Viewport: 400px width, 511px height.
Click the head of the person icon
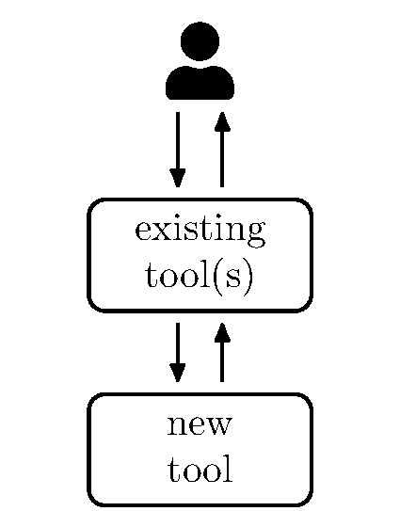point(200,40)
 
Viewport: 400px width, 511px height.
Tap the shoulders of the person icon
point(200,84)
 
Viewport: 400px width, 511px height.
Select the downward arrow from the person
point(177,150)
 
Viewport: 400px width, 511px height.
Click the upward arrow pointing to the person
point(222,150)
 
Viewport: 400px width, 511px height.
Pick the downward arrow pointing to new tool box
point(177,352)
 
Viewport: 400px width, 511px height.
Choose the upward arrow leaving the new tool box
point(222,352)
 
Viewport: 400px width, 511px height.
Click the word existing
point(200,232)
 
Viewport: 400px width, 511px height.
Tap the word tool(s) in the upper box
point(200,278)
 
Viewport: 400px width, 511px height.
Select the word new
point(200,425)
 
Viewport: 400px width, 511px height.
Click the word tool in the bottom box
point(200,470)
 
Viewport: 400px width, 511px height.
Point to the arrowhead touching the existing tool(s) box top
point(177,179)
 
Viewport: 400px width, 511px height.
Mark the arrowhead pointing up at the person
point(222,121)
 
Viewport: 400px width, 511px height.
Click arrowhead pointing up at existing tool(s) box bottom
point(222,332)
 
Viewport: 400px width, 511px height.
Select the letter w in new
point(219,426)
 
